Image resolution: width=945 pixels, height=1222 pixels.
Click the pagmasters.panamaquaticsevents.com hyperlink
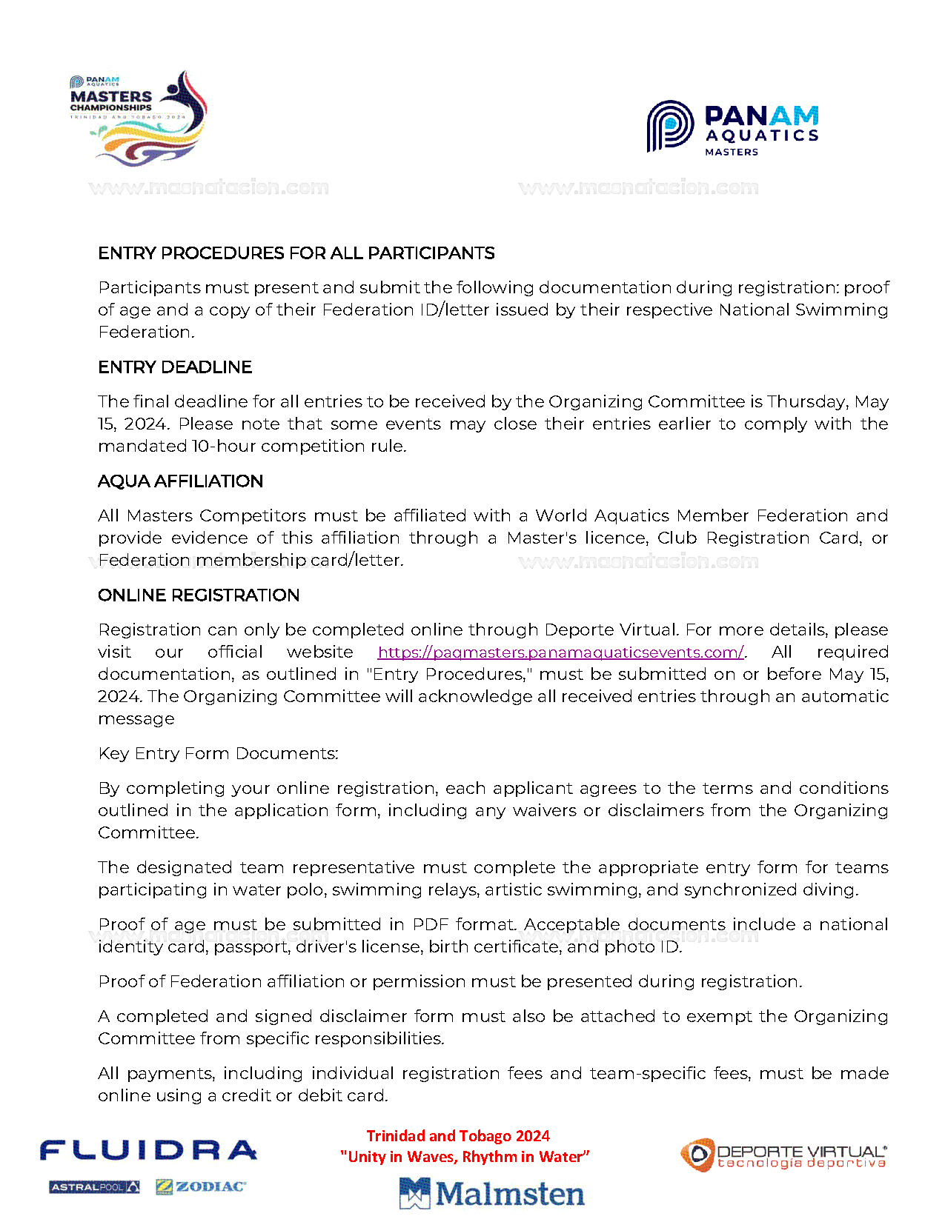tap(560, 652)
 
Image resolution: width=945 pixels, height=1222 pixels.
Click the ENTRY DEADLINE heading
tap(175, 367)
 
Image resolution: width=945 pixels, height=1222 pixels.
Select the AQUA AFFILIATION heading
tap(180, 481)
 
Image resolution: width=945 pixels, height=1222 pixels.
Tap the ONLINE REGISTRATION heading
tap(199, 595)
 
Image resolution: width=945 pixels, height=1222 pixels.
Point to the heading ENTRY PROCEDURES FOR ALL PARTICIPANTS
tap(296, 253)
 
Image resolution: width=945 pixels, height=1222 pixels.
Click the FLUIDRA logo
tap(148, 1151)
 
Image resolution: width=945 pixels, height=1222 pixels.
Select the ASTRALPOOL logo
tap(94, 1187)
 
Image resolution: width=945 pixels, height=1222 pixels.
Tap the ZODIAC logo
tap(201, 1186)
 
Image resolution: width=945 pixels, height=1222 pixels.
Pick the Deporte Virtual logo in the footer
tap(783, 1155)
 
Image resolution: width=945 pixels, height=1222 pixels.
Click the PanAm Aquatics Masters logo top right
tap(732, 127)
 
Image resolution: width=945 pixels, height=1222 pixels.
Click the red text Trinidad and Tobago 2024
tap(458, 1136)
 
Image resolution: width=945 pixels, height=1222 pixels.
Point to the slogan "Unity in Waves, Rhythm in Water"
tap(465, 1157)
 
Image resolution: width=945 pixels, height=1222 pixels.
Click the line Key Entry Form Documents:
tap(218, 754)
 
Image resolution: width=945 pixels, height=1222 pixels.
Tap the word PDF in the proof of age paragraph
tap(430, 924)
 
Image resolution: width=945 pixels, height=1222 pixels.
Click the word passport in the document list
tap(250, 947)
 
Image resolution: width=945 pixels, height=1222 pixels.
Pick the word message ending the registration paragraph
tap(136, 719)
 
